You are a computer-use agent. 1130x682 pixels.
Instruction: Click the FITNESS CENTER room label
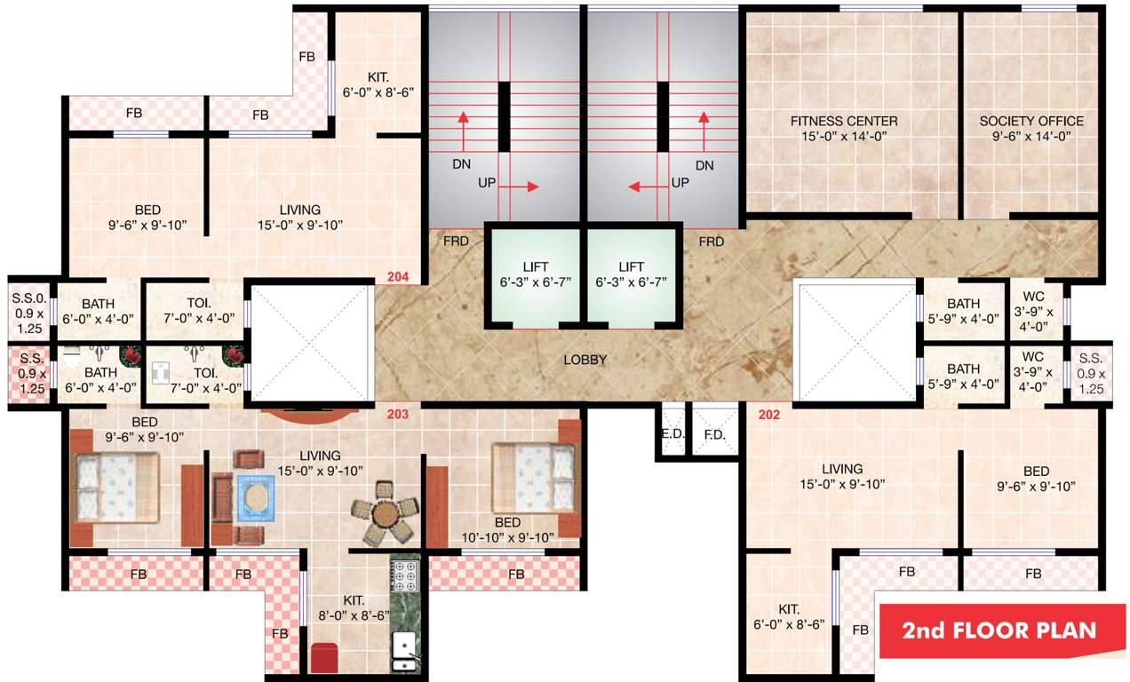[844, 128]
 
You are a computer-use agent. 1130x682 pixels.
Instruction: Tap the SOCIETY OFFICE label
[1031, 128]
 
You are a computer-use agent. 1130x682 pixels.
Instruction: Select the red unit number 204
[398, 278]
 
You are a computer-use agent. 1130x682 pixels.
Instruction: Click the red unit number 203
[398, 413]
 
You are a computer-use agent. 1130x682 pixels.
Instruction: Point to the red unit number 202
[768, 413]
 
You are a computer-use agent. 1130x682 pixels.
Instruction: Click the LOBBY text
[585, 360]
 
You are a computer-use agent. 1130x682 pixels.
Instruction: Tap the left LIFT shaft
[536, 275]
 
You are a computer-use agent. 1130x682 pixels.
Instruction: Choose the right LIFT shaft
[632, 275]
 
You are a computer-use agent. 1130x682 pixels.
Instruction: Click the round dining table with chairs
[384, 512]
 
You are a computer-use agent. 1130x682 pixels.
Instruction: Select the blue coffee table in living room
[256, 498]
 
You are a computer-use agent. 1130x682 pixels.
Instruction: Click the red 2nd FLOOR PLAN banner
[1000, 630]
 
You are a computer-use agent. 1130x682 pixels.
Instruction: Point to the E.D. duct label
[671, 435]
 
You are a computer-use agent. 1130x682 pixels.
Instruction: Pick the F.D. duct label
[714, 435]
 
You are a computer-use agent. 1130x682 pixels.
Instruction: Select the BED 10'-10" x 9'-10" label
[508, 529]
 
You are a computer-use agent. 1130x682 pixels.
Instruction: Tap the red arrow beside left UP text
[530, 186]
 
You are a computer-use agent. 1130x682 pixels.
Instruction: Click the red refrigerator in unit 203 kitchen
[322, 657]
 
